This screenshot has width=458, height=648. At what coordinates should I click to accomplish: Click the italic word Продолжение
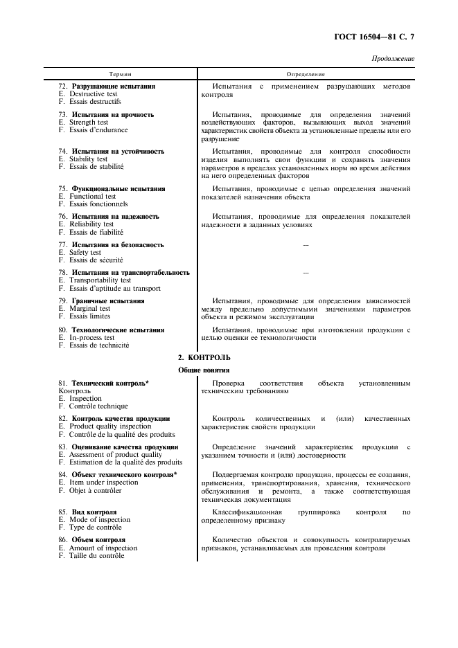pyautogui.click(x=394, y=59)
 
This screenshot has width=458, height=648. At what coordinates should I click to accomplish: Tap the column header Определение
pyautogui.click(x=306, y=74)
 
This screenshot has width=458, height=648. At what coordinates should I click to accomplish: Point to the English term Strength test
pyautogui.click(x=88, y=123)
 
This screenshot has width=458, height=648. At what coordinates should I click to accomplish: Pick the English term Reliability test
pyautogui.click(x=91, y=224)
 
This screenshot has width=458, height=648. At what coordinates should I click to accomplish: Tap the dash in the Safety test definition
pyautogui.click(x=306, y=245)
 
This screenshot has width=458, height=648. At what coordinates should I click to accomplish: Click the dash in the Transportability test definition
pyautogui.click(x=306, y=273)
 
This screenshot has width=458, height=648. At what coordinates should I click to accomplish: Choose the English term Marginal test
pyautogui.click(x=89, y=309)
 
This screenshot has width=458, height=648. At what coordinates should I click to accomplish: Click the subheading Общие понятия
pyautogui.click(x=204, y=370)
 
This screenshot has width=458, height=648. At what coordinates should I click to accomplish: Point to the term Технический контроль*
pyautogui.click(x=110, y=383)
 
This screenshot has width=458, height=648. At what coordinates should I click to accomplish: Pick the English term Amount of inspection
pyautogui.click(x=103, y=548)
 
